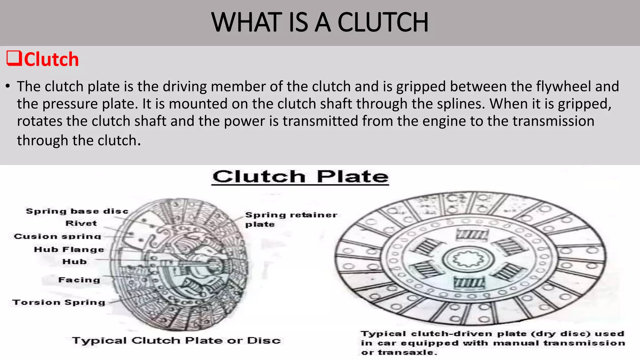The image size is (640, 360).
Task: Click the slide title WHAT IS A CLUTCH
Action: click(320, 22)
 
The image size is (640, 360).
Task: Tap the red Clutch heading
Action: click(51, 59)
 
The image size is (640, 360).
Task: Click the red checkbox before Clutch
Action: click(14, 58)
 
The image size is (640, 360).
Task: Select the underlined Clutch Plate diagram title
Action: click(300, 177)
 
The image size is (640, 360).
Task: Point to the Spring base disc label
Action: click(77, 211)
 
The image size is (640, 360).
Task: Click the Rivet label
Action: click(81, 223)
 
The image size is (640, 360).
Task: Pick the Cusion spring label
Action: click(57, 237)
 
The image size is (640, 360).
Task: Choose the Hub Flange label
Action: click(69, 249)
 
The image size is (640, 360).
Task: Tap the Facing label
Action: click(79, 280)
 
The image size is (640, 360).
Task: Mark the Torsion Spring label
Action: click(59, 302)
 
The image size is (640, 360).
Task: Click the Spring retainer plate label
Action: click(291, 219)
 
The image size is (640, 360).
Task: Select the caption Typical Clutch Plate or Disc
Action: click(177, 340)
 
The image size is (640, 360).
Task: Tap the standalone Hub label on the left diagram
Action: click(75, 262)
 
